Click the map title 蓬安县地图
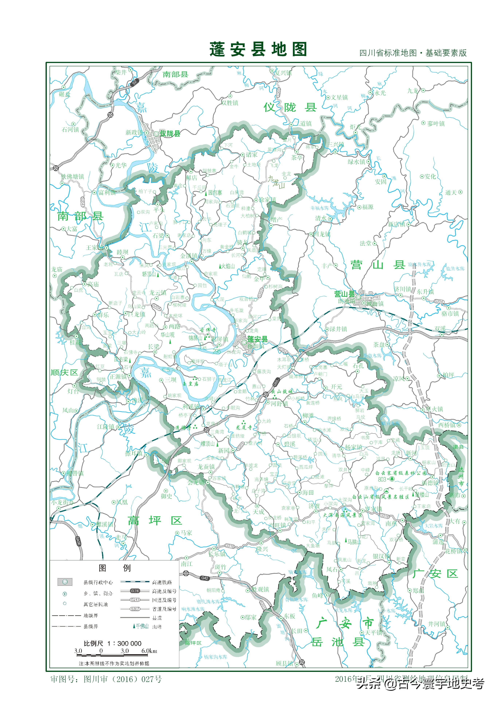(258, 50)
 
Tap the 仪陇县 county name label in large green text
(290, 107)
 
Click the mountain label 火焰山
(228, 266)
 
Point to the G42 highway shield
(204, 578)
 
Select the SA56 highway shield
(78, 541)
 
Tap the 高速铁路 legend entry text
(162, 582)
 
